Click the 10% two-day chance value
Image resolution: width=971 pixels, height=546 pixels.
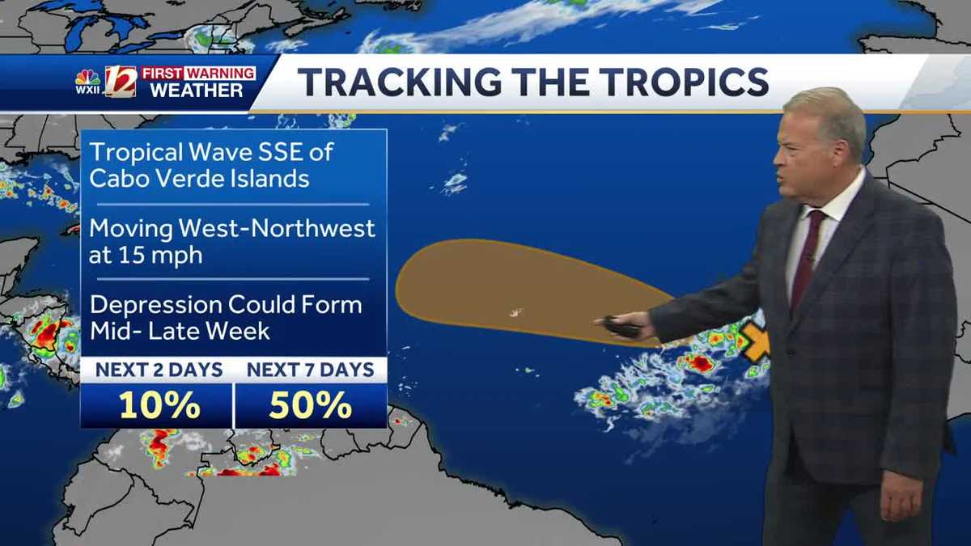[159, 405]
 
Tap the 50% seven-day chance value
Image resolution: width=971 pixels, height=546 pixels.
[310, 405]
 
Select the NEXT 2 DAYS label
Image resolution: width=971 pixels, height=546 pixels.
[159, 370]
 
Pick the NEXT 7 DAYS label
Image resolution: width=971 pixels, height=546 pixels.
[311, 370]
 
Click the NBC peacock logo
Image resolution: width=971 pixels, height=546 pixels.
[87, 77]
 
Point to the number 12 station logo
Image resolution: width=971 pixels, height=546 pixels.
[121, 82]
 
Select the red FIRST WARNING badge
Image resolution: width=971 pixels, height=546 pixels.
[198, 73]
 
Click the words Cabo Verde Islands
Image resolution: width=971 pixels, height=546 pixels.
[199, 178]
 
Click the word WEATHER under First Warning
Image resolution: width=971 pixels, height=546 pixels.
[197, 91]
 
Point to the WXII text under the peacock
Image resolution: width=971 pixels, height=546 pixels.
[87, 90]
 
